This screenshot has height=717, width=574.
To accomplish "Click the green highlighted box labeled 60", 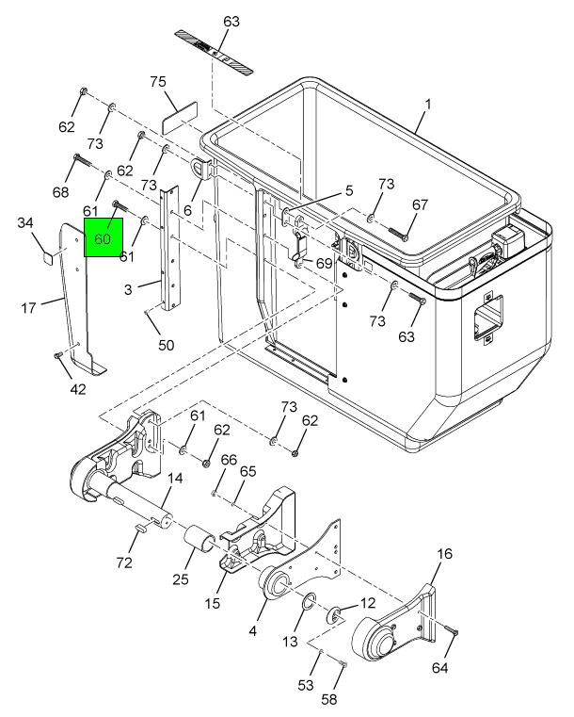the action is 104,236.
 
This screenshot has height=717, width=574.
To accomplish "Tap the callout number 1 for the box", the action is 428,105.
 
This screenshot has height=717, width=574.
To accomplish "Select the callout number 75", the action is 158,82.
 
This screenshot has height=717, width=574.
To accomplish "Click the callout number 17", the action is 28,308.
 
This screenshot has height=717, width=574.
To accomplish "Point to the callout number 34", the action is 25,223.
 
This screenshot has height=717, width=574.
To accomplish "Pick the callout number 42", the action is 78,389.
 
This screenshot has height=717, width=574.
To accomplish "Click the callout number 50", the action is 167,345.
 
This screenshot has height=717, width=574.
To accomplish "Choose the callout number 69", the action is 325,264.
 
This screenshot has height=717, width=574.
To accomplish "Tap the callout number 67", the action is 420,204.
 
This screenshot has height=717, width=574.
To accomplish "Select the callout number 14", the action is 175,479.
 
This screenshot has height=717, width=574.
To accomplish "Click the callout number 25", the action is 181,579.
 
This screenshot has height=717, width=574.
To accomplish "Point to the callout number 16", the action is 444,554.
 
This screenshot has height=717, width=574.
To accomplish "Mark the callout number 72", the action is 124,562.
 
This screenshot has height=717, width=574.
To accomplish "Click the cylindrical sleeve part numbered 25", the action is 199,538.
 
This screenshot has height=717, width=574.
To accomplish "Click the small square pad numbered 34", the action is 47,257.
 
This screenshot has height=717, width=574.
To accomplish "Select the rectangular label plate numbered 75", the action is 180,118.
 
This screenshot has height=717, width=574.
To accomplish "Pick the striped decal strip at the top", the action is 215,53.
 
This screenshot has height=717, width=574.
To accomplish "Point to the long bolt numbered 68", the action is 83,161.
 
